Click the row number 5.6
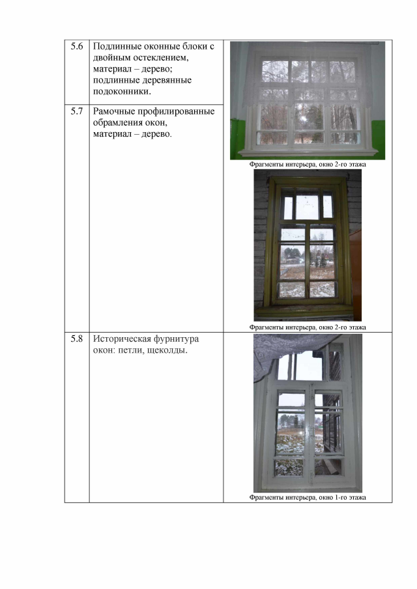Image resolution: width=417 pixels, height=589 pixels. coord(77,46)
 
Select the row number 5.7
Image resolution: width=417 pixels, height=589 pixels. coord(77,111)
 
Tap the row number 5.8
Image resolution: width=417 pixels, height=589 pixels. coord(77,339)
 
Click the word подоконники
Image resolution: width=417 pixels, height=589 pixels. coord(122,92)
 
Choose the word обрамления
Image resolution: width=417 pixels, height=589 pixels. coord(117,123)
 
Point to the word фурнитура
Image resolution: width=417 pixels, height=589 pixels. coord(177,339)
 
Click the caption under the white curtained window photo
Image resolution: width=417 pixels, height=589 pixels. coord(308,164)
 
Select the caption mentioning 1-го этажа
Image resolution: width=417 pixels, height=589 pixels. coord(308,497)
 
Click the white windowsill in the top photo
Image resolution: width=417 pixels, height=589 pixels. coord(308,152)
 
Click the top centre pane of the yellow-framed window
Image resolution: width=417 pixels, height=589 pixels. coord(307,206)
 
